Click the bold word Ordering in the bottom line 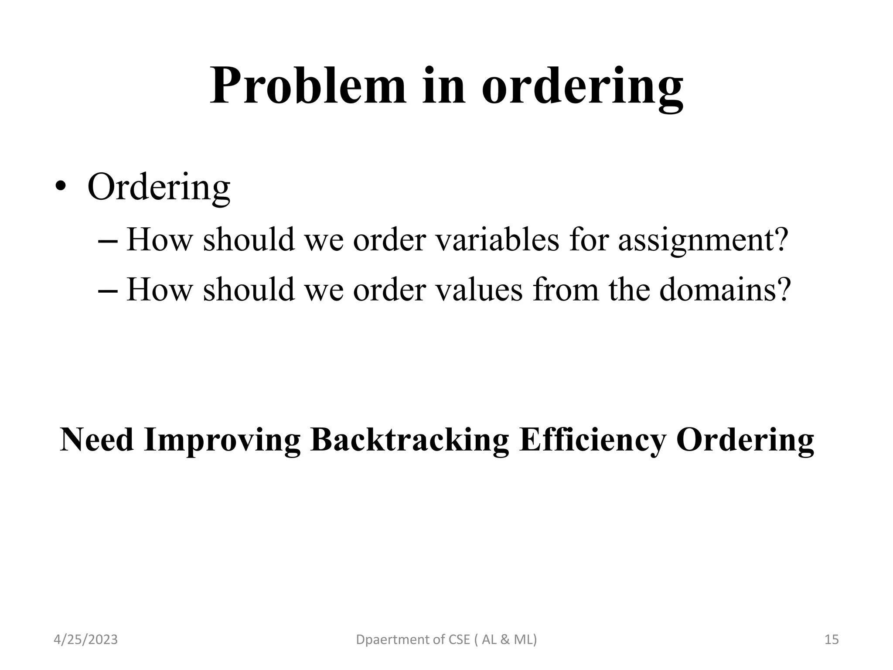(x=745, y=441)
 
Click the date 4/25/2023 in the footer (x=85, y=639)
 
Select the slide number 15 (x=832, y=639)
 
